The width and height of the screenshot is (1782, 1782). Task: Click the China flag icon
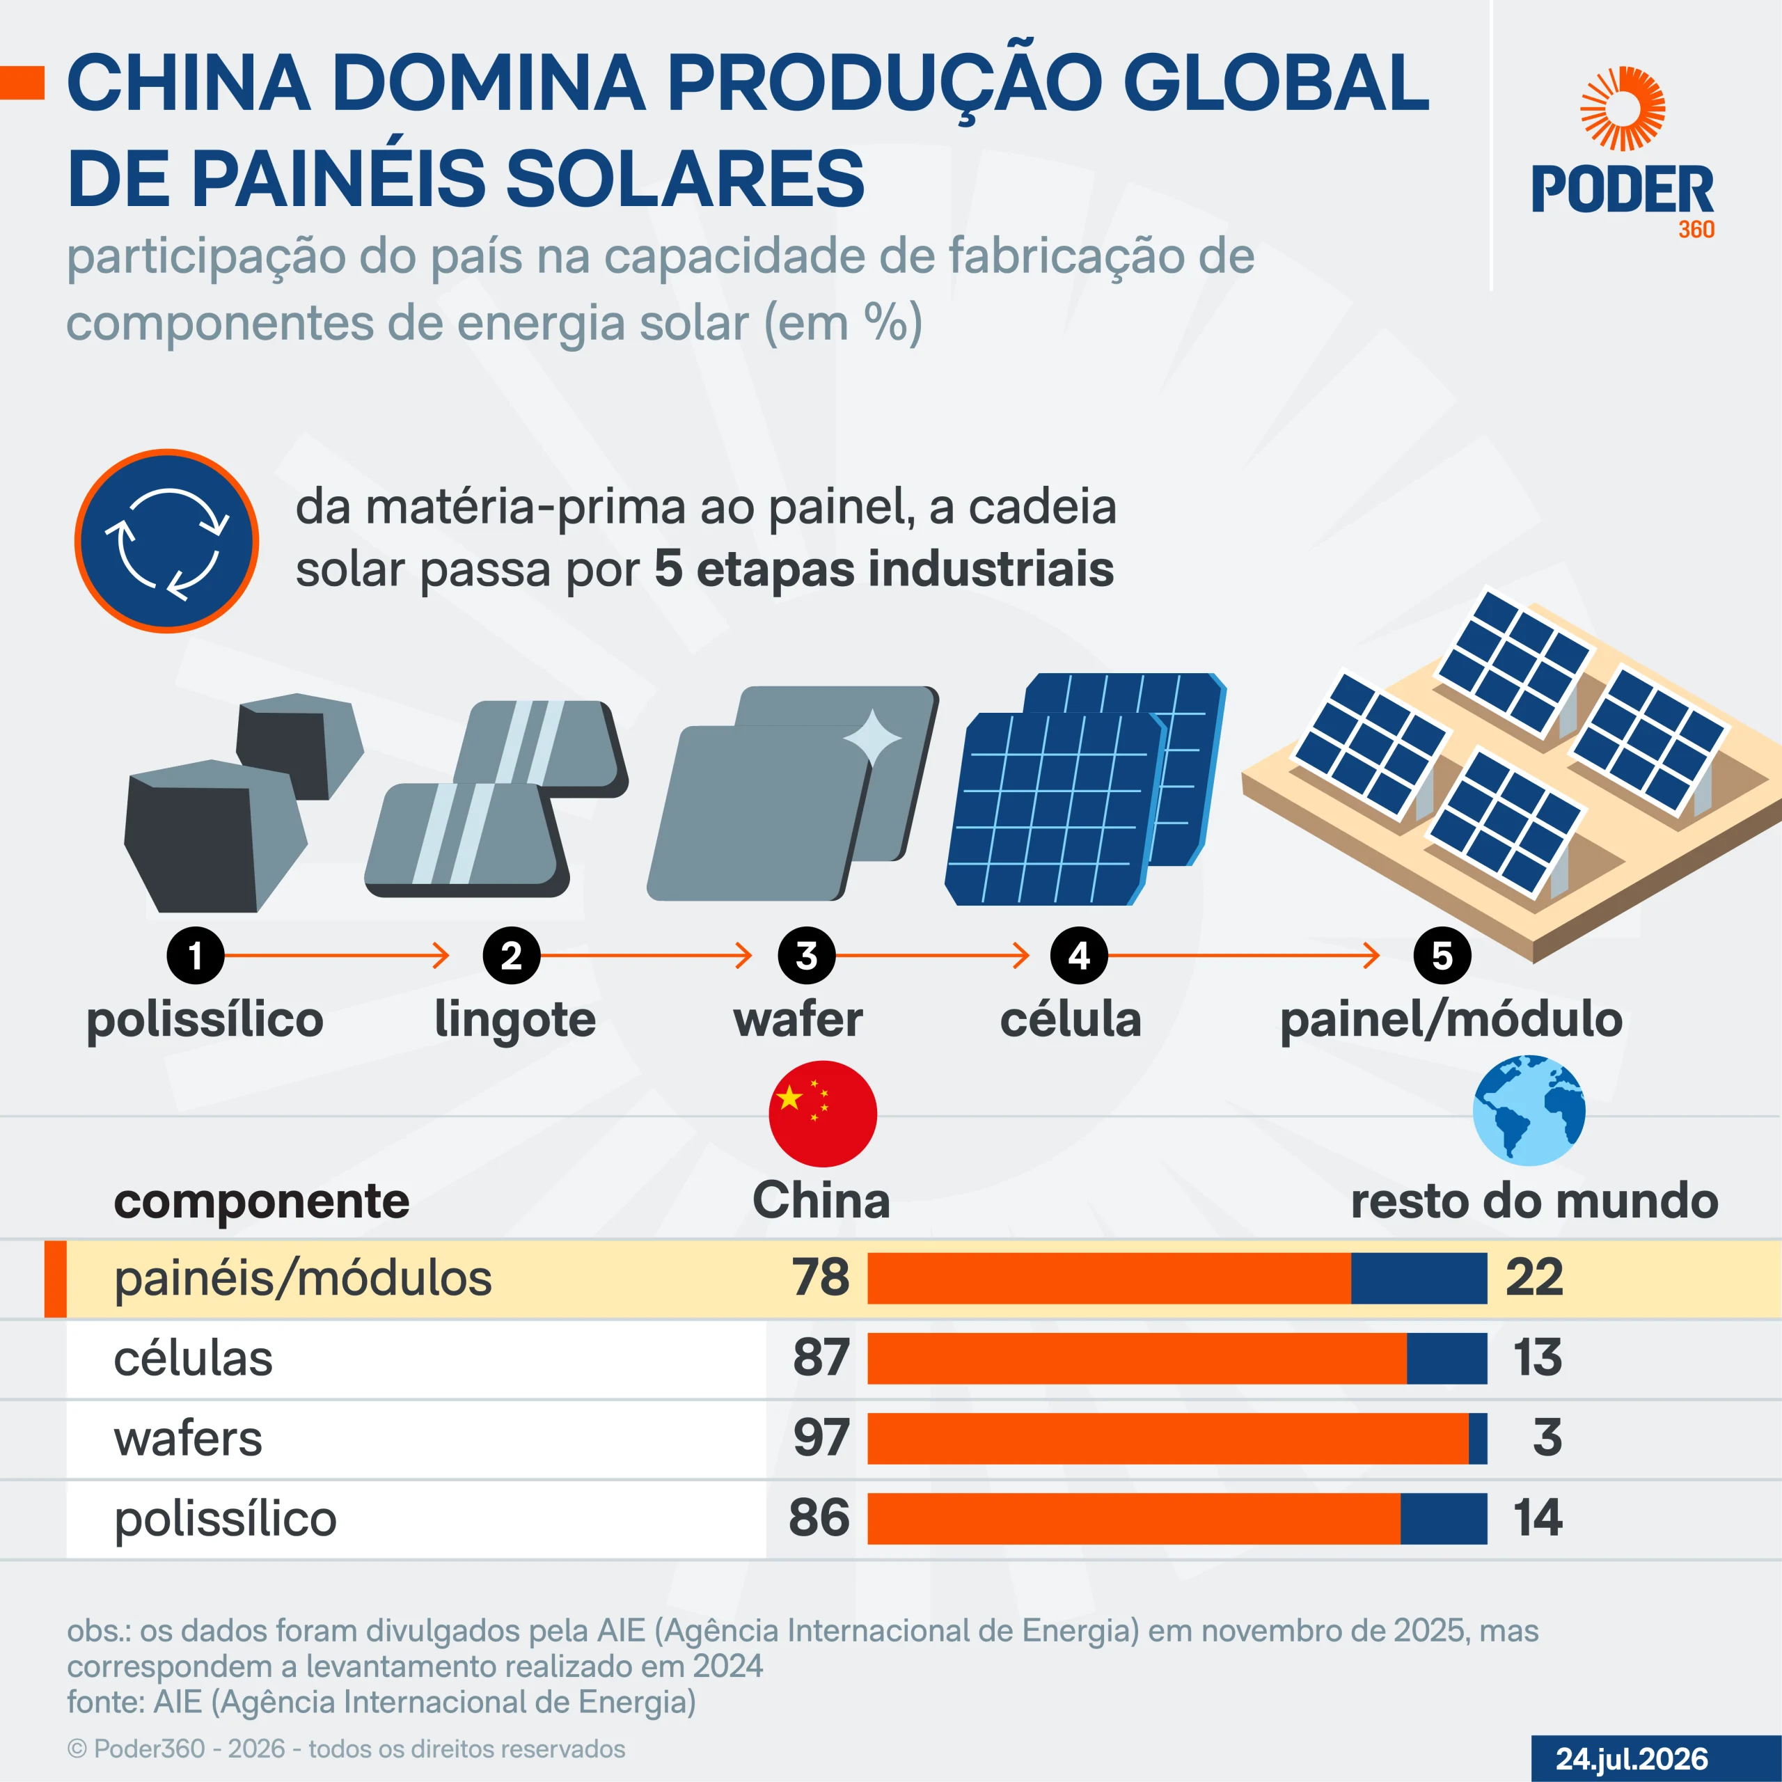(x=823, y=1113)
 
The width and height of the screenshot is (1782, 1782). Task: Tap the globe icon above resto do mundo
(x=1529, y=1110)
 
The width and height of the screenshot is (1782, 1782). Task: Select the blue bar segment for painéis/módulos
(x=1419, y=1277)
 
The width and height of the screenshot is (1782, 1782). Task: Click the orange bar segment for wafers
(x=1168, y=1438)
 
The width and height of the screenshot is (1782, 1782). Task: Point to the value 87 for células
(x=821, y=1357)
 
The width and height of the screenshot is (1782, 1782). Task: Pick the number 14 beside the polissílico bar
(x=1538, y=1518)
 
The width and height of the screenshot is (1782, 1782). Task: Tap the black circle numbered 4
(x=1078, y=956)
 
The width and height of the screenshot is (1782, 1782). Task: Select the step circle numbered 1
(x=196, y=956)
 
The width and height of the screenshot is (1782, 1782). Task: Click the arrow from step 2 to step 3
(x=647, y=956)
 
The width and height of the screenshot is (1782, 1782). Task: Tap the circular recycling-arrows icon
(x=167, y=542)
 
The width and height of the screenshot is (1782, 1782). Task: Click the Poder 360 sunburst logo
(x=1623, y=108)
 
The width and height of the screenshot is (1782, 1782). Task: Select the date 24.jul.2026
(x=1632, y=1759)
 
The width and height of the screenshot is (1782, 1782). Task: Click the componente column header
(x=261, y=1201)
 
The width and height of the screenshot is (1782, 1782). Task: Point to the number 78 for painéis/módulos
(x=821, y=1277)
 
